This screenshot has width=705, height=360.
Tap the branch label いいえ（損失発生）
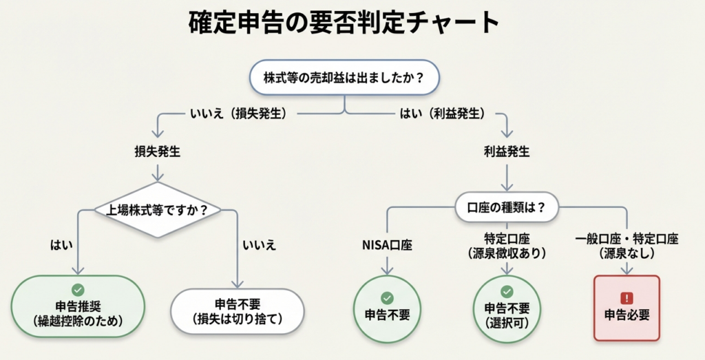(x=238, y=113)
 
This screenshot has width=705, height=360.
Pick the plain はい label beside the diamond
(x=60, y=244)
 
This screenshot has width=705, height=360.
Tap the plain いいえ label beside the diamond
(x=258, y=244)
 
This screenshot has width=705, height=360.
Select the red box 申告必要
(x=627, y=308)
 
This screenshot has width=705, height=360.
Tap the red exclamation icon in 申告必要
(x=627, y=298)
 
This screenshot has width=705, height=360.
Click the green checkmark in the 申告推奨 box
(x=77, y=290)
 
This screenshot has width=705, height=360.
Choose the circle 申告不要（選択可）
(x=507, y=308)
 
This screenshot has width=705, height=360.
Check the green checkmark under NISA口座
(x=387, y=297)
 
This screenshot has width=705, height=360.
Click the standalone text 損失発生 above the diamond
(x=158, y=152)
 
